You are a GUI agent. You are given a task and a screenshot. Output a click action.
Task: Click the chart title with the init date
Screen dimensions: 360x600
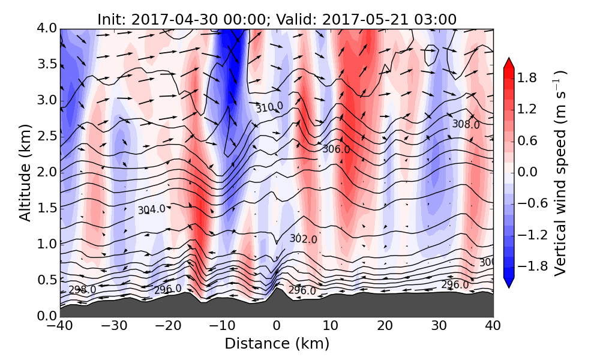[x=277, y=19]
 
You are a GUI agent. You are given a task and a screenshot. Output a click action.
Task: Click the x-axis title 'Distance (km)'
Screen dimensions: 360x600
[x=277, y=344]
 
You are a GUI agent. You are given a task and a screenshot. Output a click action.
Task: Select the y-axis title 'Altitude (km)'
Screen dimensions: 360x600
[x=25, y=172]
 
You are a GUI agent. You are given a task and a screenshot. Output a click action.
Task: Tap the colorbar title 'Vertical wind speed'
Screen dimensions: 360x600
[x=560, y=173]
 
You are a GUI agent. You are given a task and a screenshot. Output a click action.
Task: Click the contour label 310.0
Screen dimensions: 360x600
[x=269, y=107]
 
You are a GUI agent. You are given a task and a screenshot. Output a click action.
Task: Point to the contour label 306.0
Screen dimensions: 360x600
[x=336, y=149]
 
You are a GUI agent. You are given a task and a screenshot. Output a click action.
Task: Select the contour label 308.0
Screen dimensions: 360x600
[x=466, y=125]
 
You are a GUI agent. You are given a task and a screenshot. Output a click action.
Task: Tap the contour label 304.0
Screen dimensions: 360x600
[x=151, y=210]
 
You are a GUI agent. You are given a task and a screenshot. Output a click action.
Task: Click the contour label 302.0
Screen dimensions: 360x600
[x=303, y=239]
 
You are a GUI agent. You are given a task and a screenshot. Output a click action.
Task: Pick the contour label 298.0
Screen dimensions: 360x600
[x=82, y=290]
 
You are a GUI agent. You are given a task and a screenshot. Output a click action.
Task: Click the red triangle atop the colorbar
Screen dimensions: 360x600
[x=509, y=63]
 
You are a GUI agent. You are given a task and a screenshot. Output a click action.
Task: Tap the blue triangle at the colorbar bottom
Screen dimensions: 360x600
[x=509, y=283]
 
